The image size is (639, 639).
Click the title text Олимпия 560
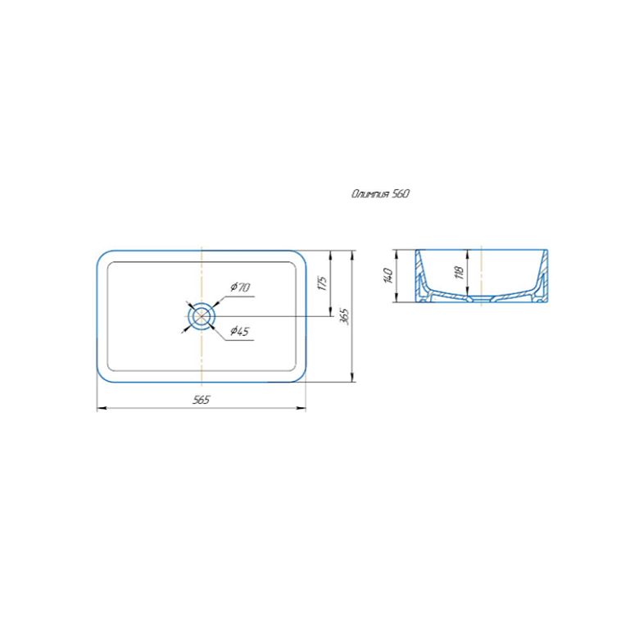pyautogui.click(x=380, y=194)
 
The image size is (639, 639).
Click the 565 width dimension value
pyautogui.click(x=202, y=400)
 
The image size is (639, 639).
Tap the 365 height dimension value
pyautogui.click(x=346, y=316)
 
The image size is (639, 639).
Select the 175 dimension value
pyautogui.click(x=322, y=283)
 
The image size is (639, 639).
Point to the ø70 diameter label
pyautogui.click(x=240, y=288)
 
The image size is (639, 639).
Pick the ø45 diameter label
pyautogui.click(x=239, y=331)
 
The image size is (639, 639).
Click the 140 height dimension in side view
pyautogui.click(x=388, y=276)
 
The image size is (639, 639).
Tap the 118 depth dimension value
pyautogui.click(x=460, y=273)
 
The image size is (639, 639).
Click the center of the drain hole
pyautogui.click(x=202, y=316)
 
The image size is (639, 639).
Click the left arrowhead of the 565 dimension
pyautogui.click(x=100, y=407)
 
